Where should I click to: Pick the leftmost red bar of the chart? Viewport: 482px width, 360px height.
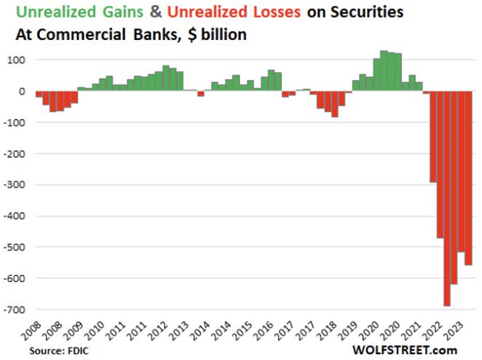[x=39, y=95]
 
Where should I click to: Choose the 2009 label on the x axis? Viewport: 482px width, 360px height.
[x=76, y=331]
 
